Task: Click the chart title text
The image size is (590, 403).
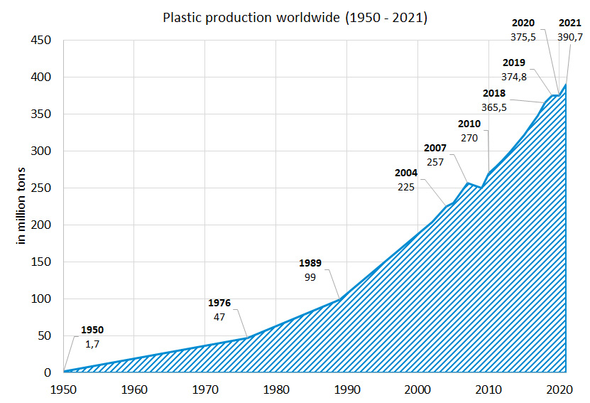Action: pos(295,18)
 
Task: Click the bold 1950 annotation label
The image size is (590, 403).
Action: pos(92,330)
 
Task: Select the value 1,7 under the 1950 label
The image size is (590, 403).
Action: pos(92,344)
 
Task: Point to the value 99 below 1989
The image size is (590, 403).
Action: pos(310,277)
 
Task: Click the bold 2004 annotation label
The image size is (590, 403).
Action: pos(406,173)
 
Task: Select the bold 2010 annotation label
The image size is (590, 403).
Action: pos(469,124)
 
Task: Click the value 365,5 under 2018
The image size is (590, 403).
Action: pos(493,107)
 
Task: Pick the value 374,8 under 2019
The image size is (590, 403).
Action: pos(513,77)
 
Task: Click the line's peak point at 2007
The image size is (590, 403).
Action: pos(466,183)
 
